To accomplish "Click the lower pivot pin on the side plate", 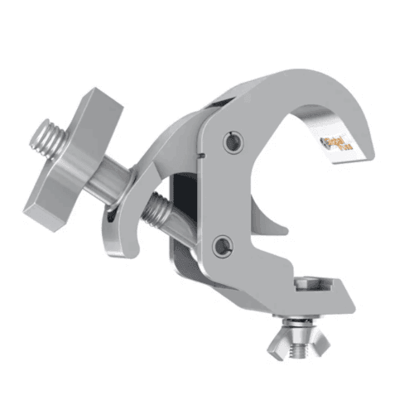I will click(220, 245).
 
